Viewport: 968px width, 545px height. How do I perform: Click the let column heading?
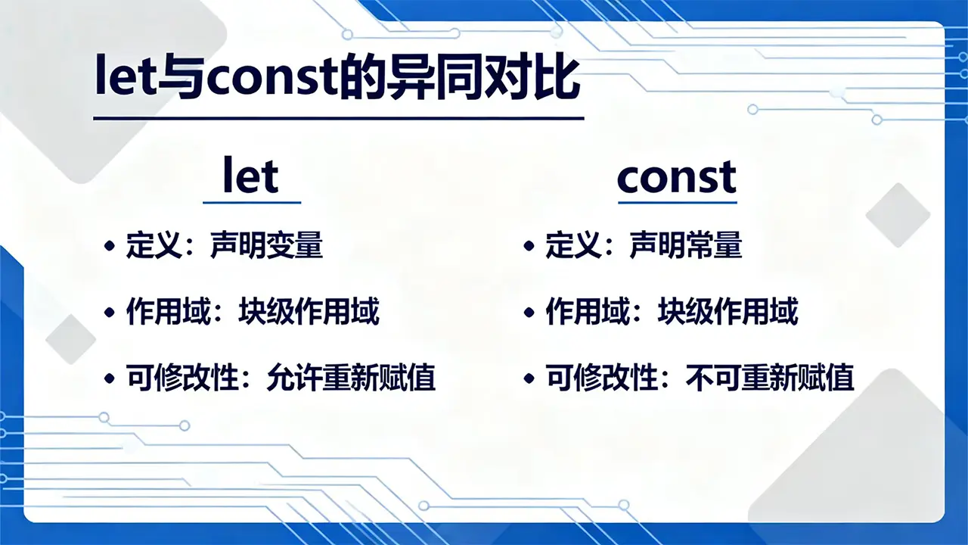coord(250,175)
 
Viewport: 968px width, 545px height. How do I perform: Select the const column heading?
coord(677,177)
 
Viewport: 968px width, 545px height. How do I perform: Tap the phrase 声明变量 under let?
coord(267,244)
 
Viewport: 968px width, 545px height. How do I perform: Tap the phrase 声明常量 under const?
coord(686,244)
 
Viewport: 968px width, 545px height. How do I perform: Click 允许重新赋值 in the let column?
coord(351,378)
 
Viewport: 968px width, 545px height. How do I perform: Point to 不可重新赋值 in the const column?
coord(770,378)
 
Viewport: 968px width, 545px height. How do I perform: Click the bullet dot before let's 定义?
coord(110,246)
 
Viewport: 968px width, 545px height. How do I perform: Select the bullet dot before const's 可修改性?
coord(529,378)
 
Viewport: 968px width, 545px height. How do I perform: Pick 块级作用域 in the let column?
coord(309,311)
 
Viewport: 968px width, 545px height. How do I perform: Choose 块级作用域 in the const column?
coord(728,311)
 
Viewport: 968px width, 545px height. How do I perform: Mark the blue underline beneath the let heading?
coord(252,202)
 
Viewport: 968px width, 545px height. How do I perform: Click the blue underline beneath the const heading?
coord(678,202)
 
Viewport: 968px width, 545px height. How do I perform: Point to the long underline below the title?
coord(339,118)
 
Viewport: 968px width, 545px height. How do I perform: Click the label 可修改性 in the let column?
coord(182,378)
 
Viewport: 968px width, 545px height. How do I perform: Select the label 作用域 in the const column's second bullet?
coord(588,311)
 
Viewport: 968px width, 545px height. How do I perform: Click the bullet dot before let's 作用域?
coord(110,313)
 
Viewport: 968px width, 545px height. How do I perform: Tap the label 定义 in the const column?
coord(573,244)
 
